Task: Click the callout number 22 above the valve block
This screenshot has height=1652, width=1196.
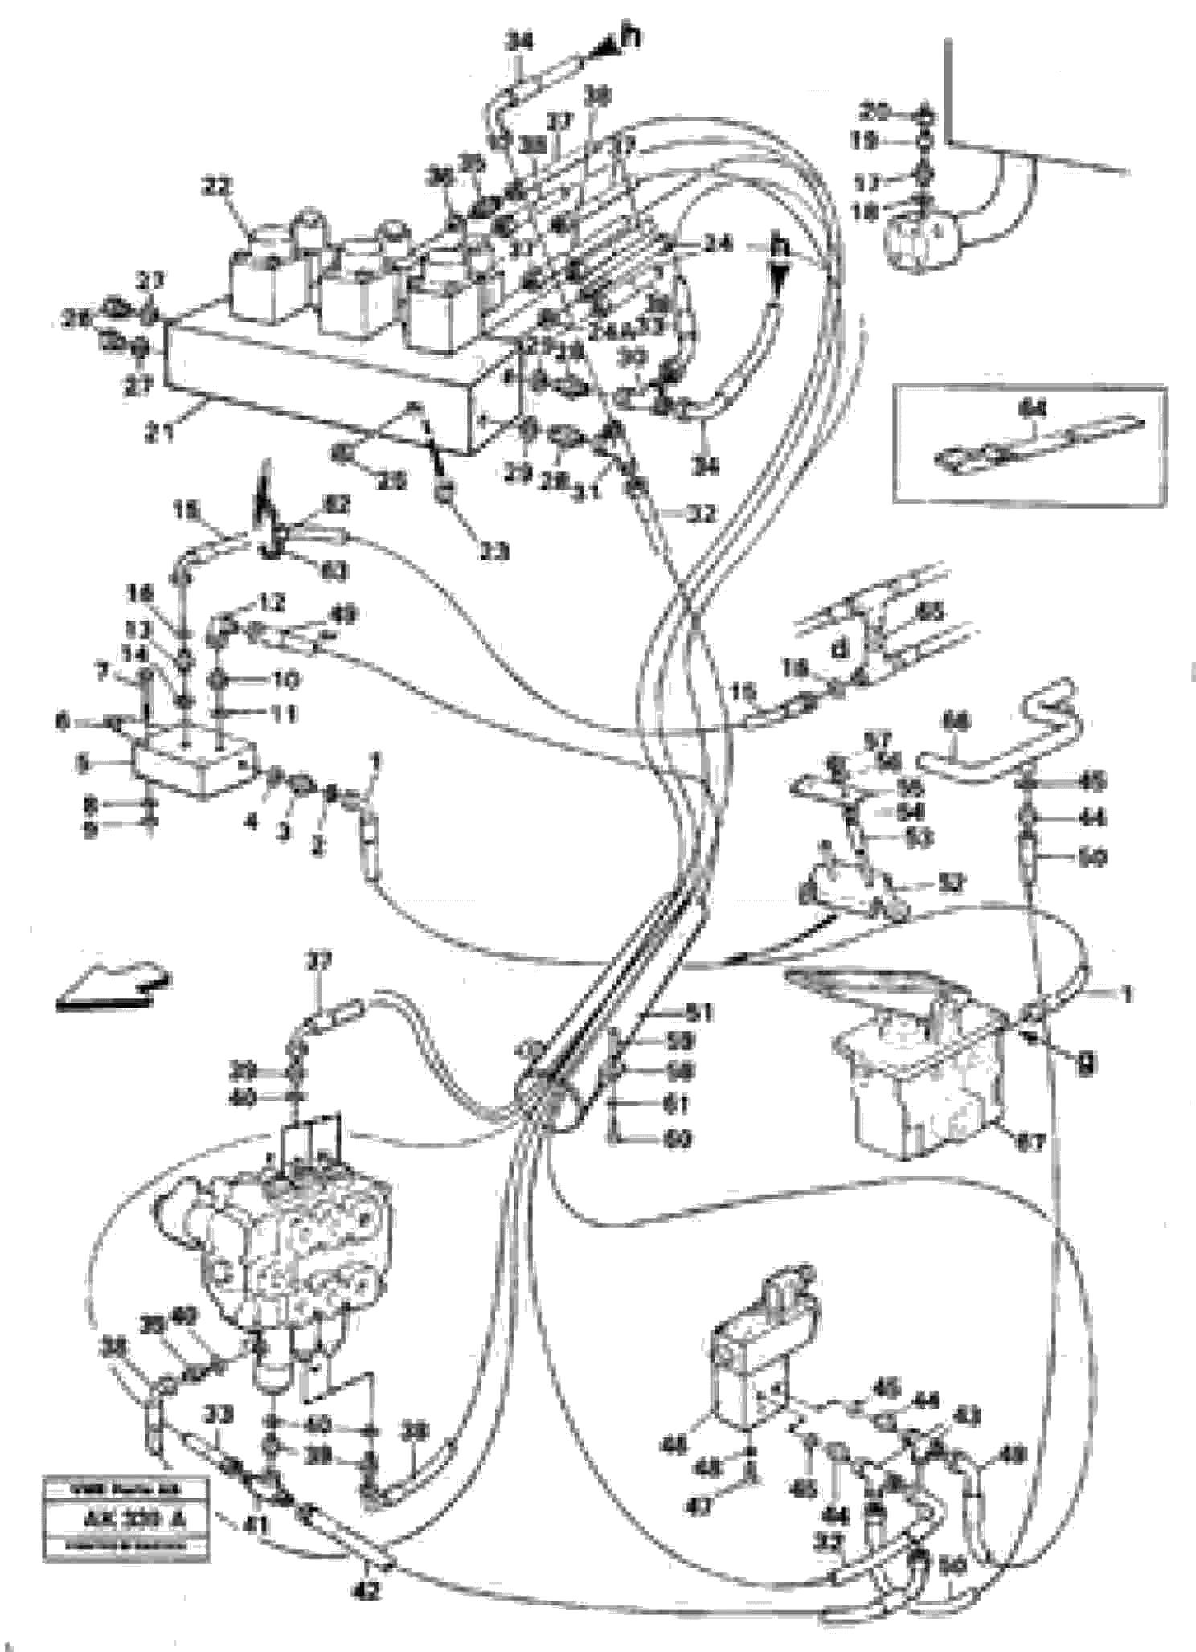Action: click(217, 187)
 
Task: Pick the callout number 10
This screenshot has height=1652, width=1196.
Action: click(284, 680)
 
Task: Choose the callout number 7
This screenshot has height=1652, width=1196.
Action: click(101, 671)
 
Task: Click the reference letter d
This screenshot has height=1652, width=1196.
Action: click(841, 648)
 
